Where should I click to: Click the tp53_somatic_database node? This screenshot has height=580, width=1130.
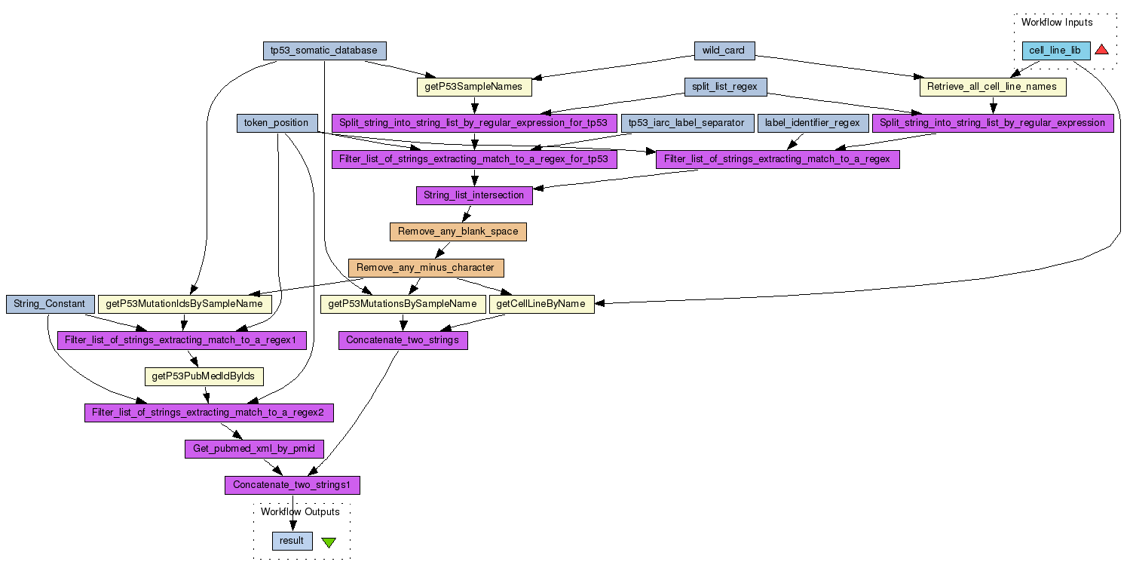click(323, 51)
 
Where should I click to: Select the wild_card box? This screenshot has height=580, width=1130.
click(724, 51)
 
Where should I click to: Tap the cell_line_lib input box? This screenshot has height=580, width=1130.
click(1055, 51)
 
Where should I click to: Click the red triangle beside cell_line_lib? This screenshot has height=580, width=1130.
click(1101, 50)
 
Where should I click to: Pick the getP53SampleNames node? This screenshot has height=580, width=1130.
click(474, 87)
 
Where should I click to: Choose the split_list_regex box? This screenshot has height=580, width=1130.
click(724, 87)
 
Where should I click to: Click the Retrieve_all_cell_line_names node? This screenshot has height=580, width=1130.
click(992, 87)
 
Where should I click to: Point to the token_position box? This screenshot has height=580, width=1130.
click(276, 123)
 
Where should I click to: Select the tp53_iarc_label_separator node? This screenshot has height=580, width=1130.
click(687, 123)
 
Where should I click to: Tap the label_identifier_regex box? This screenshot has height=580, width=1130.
click(811, 123)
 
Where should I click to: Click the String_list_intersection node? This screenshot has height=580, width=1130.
click(473, 195)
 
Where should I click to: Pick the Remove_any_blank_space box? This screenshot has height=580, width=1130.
click(458, 232)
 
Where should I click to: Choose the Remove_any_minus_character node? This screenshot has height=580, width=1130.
click(425, 268)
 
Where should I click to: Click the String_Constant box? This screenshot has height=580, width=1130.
click(50, 304)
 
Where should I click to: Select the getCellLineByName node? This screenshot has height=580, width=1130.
click(541, 304)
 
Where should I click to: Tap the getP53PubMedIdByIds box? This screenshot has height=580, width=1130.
click(203, 376)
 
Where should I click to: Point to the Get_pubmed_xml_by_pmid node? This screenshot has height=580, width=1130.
click(254, 449)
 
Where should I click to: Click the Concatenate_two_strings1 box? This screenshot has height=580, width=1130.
click(292, 485)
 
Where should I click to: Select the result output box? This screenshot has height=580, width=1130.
click(292, 541)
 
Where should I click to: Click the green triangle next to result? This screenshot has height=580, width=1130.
click(329, 542)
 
